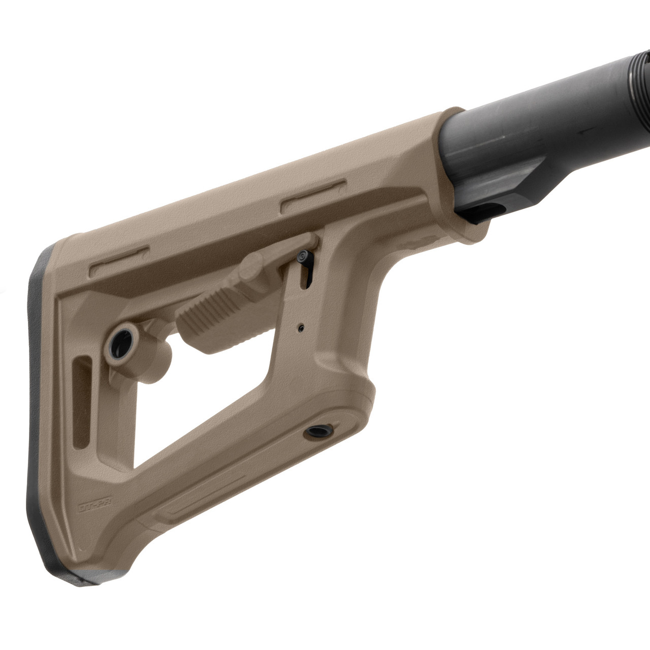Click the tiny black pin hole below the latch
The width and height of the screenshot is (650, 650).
[x=302, y=328]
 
